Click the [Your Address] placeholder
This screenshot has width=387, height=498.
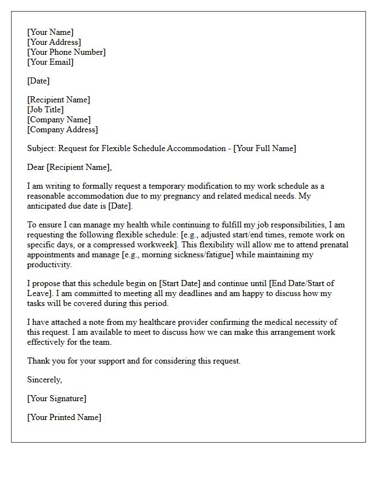click(x=54, y=42)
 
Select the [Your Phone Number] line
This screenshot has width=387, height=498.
click(x=66, y=52)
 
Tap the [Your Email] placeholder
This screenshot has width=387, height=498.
click(x=50, y=62)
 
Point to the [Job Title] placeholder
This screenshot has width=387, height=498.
click(x=45, y=110)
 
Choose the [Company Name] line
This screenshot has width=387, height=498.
click(x=59, y=120)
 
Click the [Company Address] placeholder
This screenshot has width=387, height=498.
click(x=62, y=129)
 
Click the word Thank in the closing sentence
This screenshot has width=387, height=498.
click(x=39, y=361)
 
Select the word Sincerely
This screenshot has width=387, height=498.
click(x=45, y=380)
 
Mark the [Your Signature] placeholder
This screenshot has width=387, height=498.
click(x=57, y=398)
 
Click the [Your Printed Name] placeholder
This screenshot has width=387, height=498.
click(x=64, y=417)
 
